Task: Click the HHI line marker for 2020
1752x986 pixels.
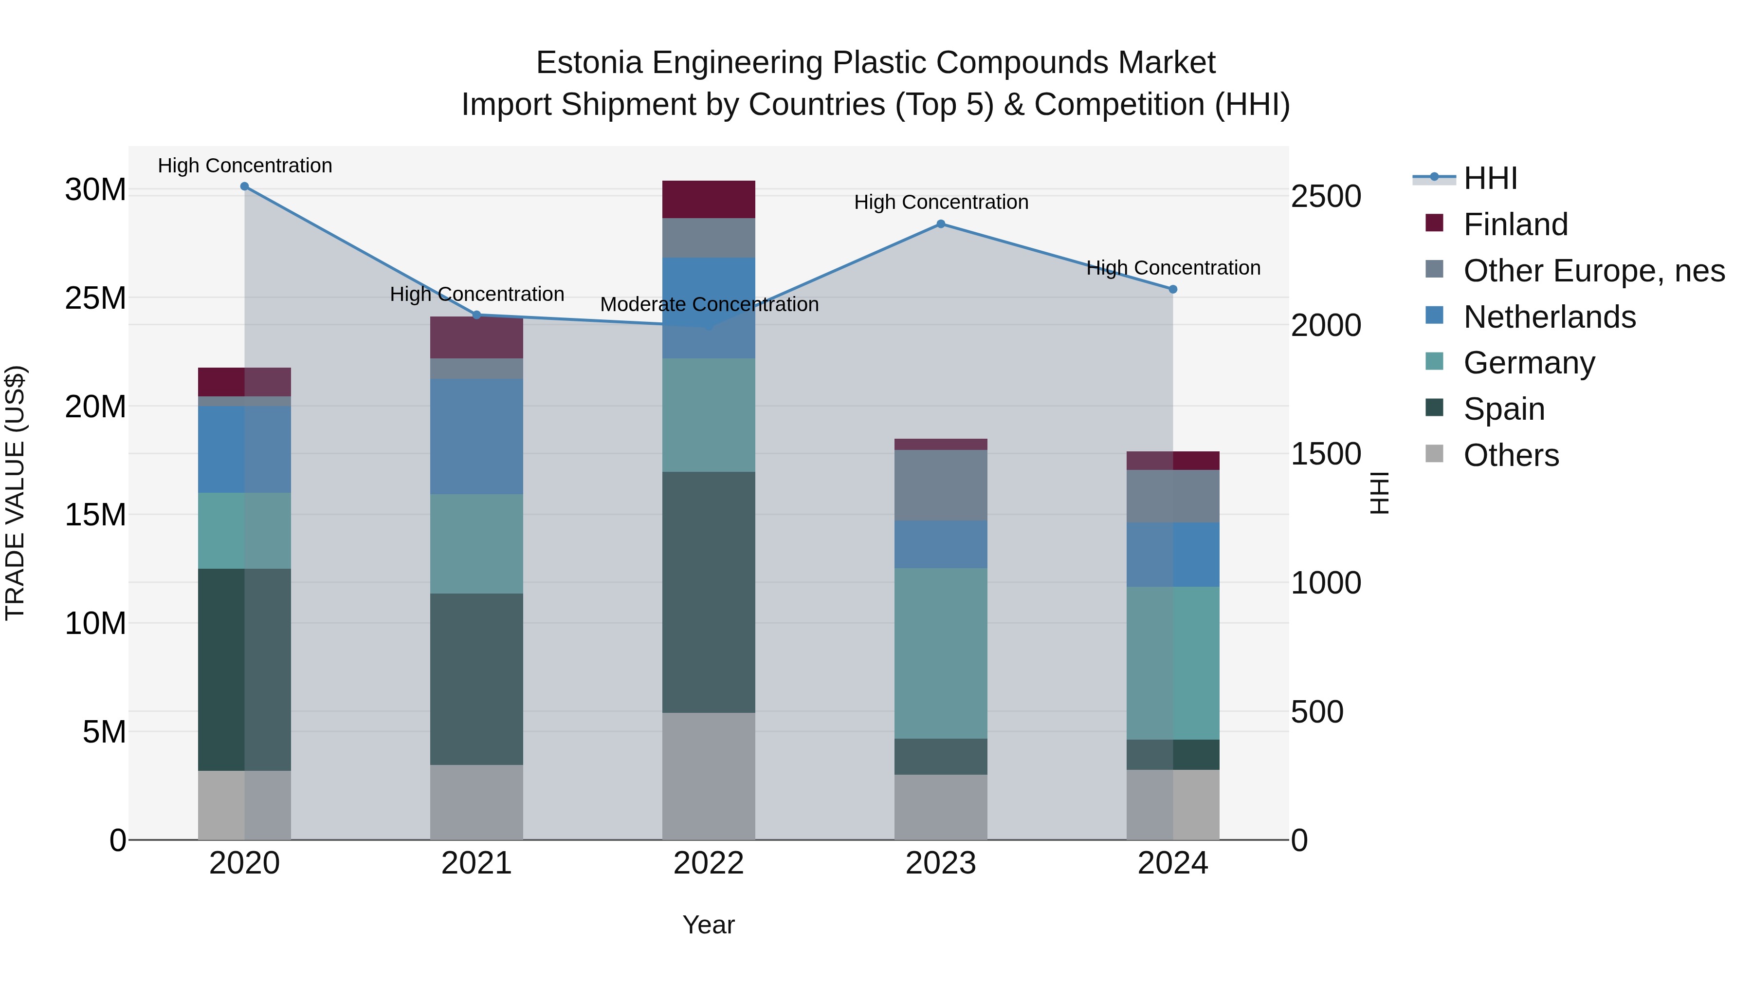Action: (x=245, y=186)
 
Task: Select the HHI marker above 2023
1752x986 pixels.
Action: (x=941, y=224)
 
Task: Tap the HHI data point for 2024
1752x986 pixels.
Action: (x=1172, y=289)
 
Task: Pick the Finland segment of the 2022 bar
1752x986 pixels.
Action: (x=709, y=199)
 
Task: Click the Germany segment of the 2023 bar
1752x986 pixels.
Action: (x=941, y=653)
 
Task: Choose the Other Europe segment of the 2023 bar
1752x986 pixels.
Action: (x=941, y=485)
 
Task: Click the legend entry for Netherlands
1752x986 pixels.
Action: (x=1550, y=317)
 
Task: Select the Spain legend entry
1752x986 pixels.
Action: (x=1504, y=409)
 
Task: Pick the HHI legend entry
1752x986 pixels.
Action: (x=1490, y=178)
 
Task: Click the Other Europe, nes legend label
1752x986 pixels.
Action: (x=1593, y=271)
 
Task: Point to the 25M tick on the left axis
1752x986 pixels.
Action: (x=95, y=298)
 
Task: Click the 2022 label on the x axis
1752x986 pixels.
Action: (x=709, y=863)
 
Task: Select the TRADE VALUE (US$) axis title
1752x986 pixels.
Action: (x=15, y=493)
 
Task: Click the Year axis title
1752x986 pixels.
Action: (x=709, y=925)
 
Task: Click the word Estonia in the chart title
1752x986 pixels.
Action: (x=589, y=63)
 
